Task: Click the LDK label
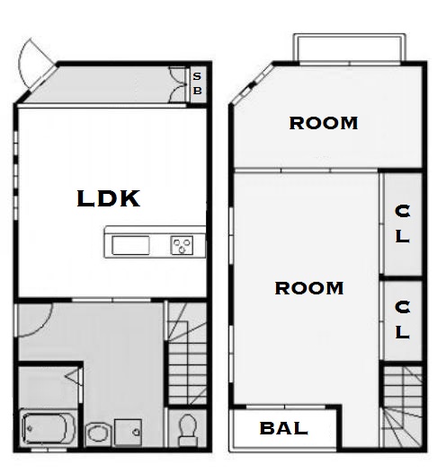(x=109, y=198)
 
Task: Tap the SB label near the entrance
(x=197, y=83)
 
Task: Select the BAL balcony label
(x=284, y=428)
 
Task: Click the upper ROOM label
(x=324, y=123)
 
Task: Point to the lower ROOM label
(x=309, y=288)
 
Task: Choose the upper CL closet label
(x=402, y=223)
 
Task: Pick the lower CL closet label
(x=402, y=320)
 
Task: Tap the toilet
(x=188, y=430)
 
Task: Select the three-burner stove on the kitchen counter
(x=182, y=245)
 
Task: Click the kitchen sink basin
(x=130, y=245)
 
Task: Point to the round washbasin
(x=97, y=434)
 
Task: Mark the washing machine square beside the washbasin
(x=128, y=432)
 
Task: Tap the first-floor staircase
(x=187, y=354)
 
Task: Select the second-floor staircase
(x=403, y=407)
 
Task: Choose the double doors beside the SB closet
(x=178, y=84)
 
